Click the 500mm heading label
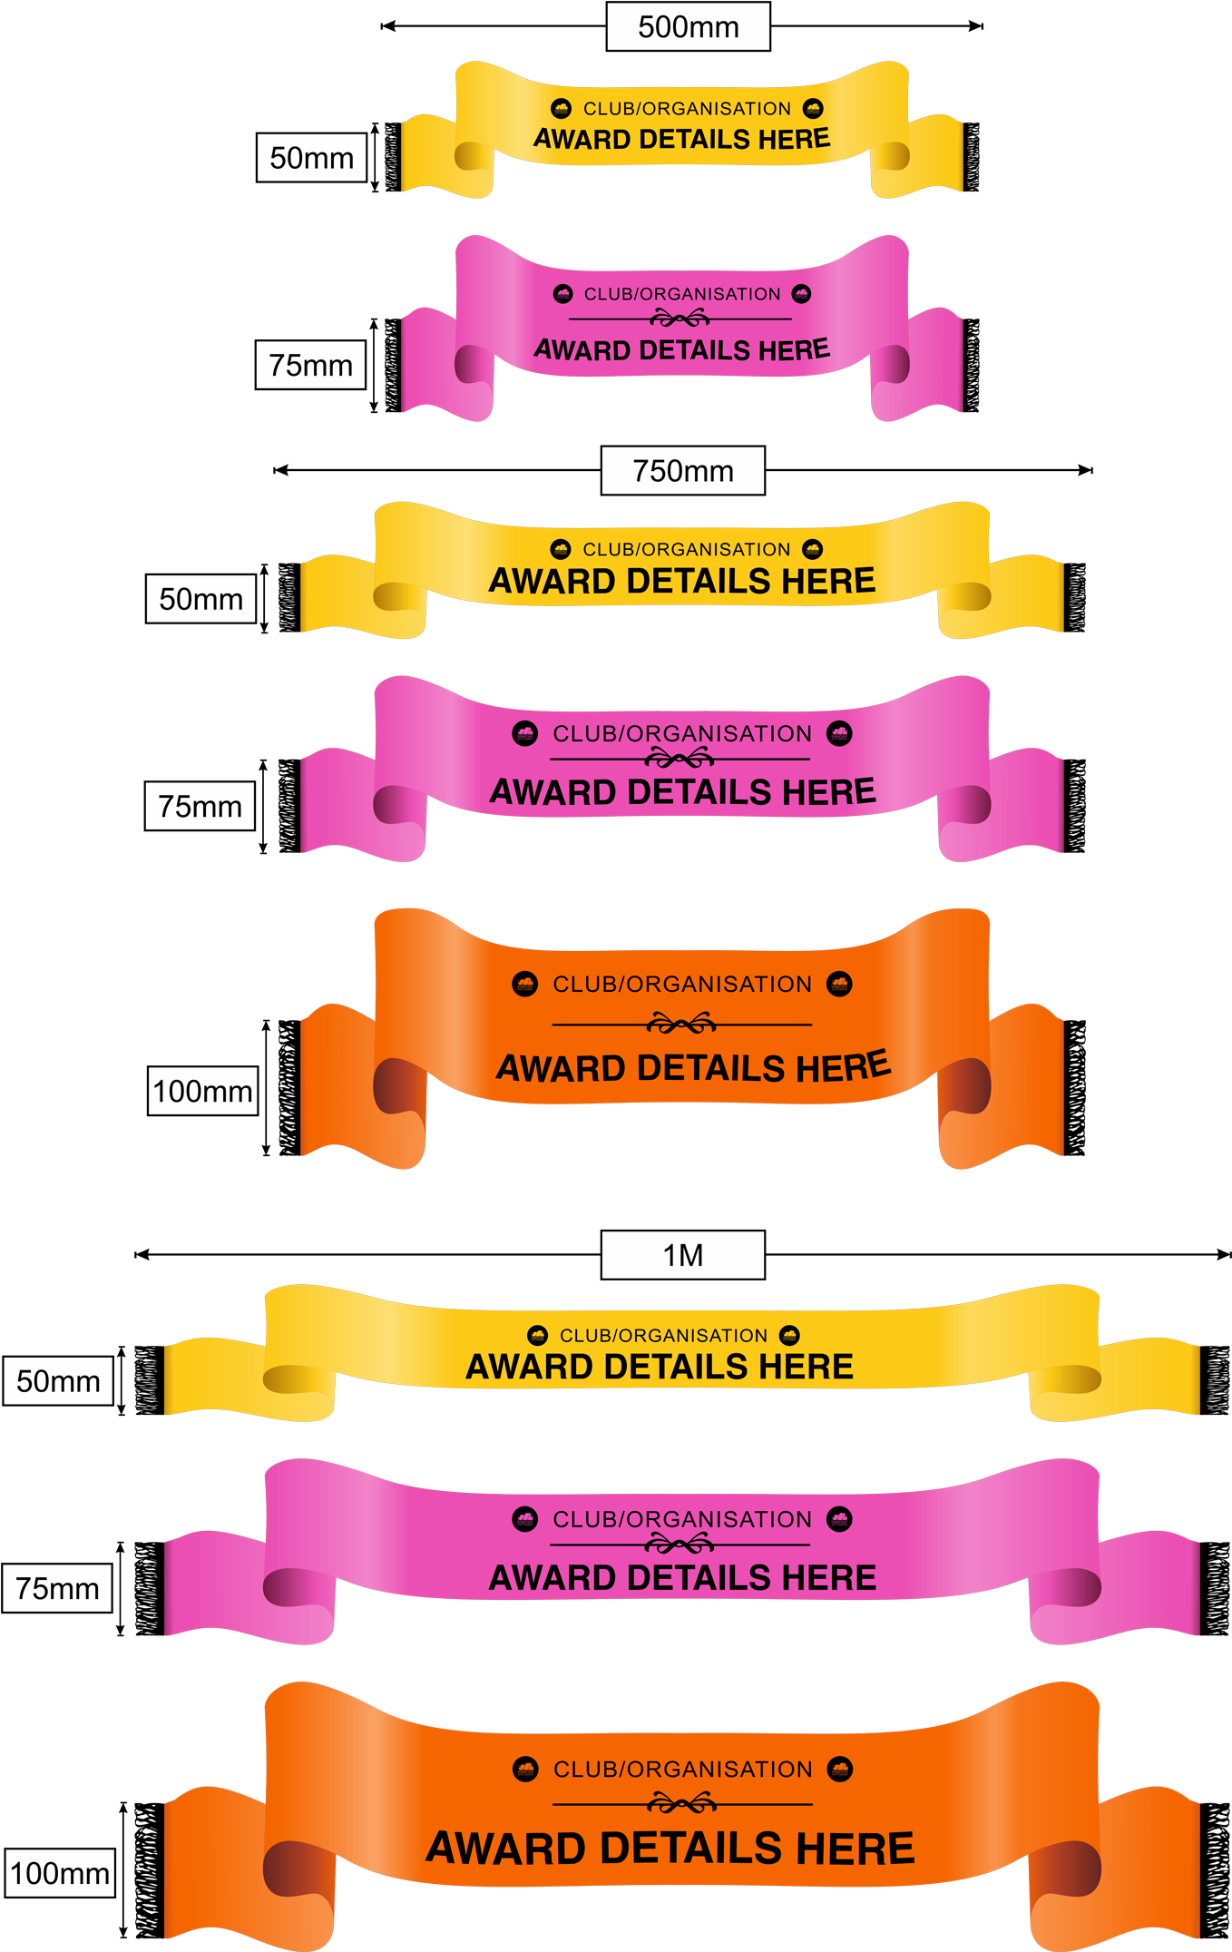tap(688, 26)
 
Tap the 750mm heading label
tap(682, 471)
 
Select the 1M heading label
tap(682, 1255)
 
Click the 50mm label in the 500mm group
tap(311, 158)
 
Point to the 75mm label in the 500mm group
tap(310, 365)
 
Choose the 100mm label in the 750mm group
tap(202, 1091)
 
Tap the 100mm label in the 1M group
tap(60, 1873)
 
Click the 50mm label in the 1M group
tap(58, 1381)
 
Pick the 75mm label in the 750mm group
tap(200, 806)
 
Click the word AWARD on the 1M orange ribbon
tap(504, 1849)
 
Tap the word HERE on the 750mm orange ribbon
tap(843, 1067)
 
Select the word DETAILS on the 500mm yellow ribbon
tap(694, 140)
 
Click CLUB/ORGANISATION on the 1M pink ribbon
tap(682, 1519)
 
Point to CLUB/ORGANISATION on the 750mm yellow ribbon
tap(686, 549)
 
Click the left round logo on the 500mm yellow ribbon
tap(562, 109)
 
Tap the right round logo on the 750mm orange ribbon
tap(839, 984)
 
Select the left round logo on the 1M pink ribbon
tap(524, 1519)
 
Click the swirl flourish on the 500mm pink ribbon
tap(680, 319)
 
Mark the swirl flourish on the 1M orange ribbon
tap(682, 1803)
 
